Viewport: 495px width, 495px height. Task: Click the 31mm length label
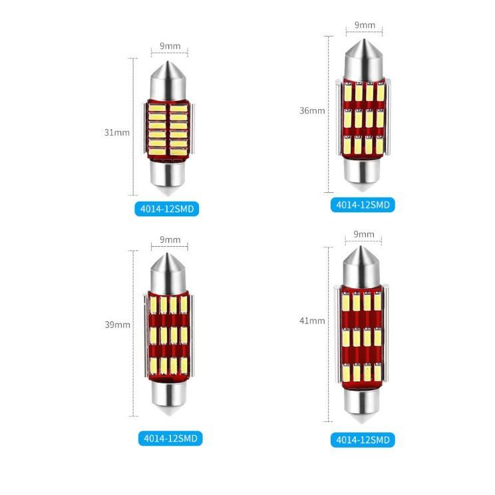[117, 132]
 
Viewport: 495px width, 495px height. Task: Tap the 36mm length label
[312, 110]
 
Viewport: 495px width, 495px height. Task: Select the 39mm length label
[118, 325]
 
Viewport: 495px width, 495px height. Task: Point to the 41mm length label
[312, 321]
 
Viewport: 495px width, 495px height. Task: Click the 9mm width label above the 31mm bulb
[170, 46]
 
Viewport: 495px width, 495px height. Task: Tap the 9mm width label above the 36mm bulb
[365, 25]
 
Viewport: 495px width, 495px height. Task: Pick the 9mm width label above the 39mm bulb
[170, 240]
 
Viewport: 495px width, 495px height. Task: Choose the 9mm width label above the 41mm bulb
[364, 234]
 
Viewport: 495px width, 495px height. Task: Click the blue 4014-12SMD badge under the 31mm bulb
[167, 209]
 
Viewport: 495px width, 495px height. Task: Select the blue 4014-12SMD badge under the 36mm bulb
[363, 205]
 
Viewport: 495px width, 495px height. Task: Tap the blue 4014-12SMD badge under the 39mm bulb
[170, 438]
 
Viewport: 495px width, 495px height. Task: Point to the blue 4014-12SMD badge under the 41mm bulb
[363, 440]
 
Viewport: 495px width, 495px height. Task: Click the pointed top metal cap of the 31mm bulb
[168, 81]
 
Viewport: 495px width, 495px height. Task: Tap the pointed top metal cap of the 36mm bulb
[364, 59]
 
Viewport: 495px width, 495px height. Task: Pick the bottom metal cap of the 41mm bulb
[363, 405]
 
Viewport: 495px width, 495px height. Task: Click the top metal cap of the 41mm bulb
[361, 266]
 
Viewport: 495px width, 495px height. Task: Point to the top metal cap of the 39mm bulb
[169, 273]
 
